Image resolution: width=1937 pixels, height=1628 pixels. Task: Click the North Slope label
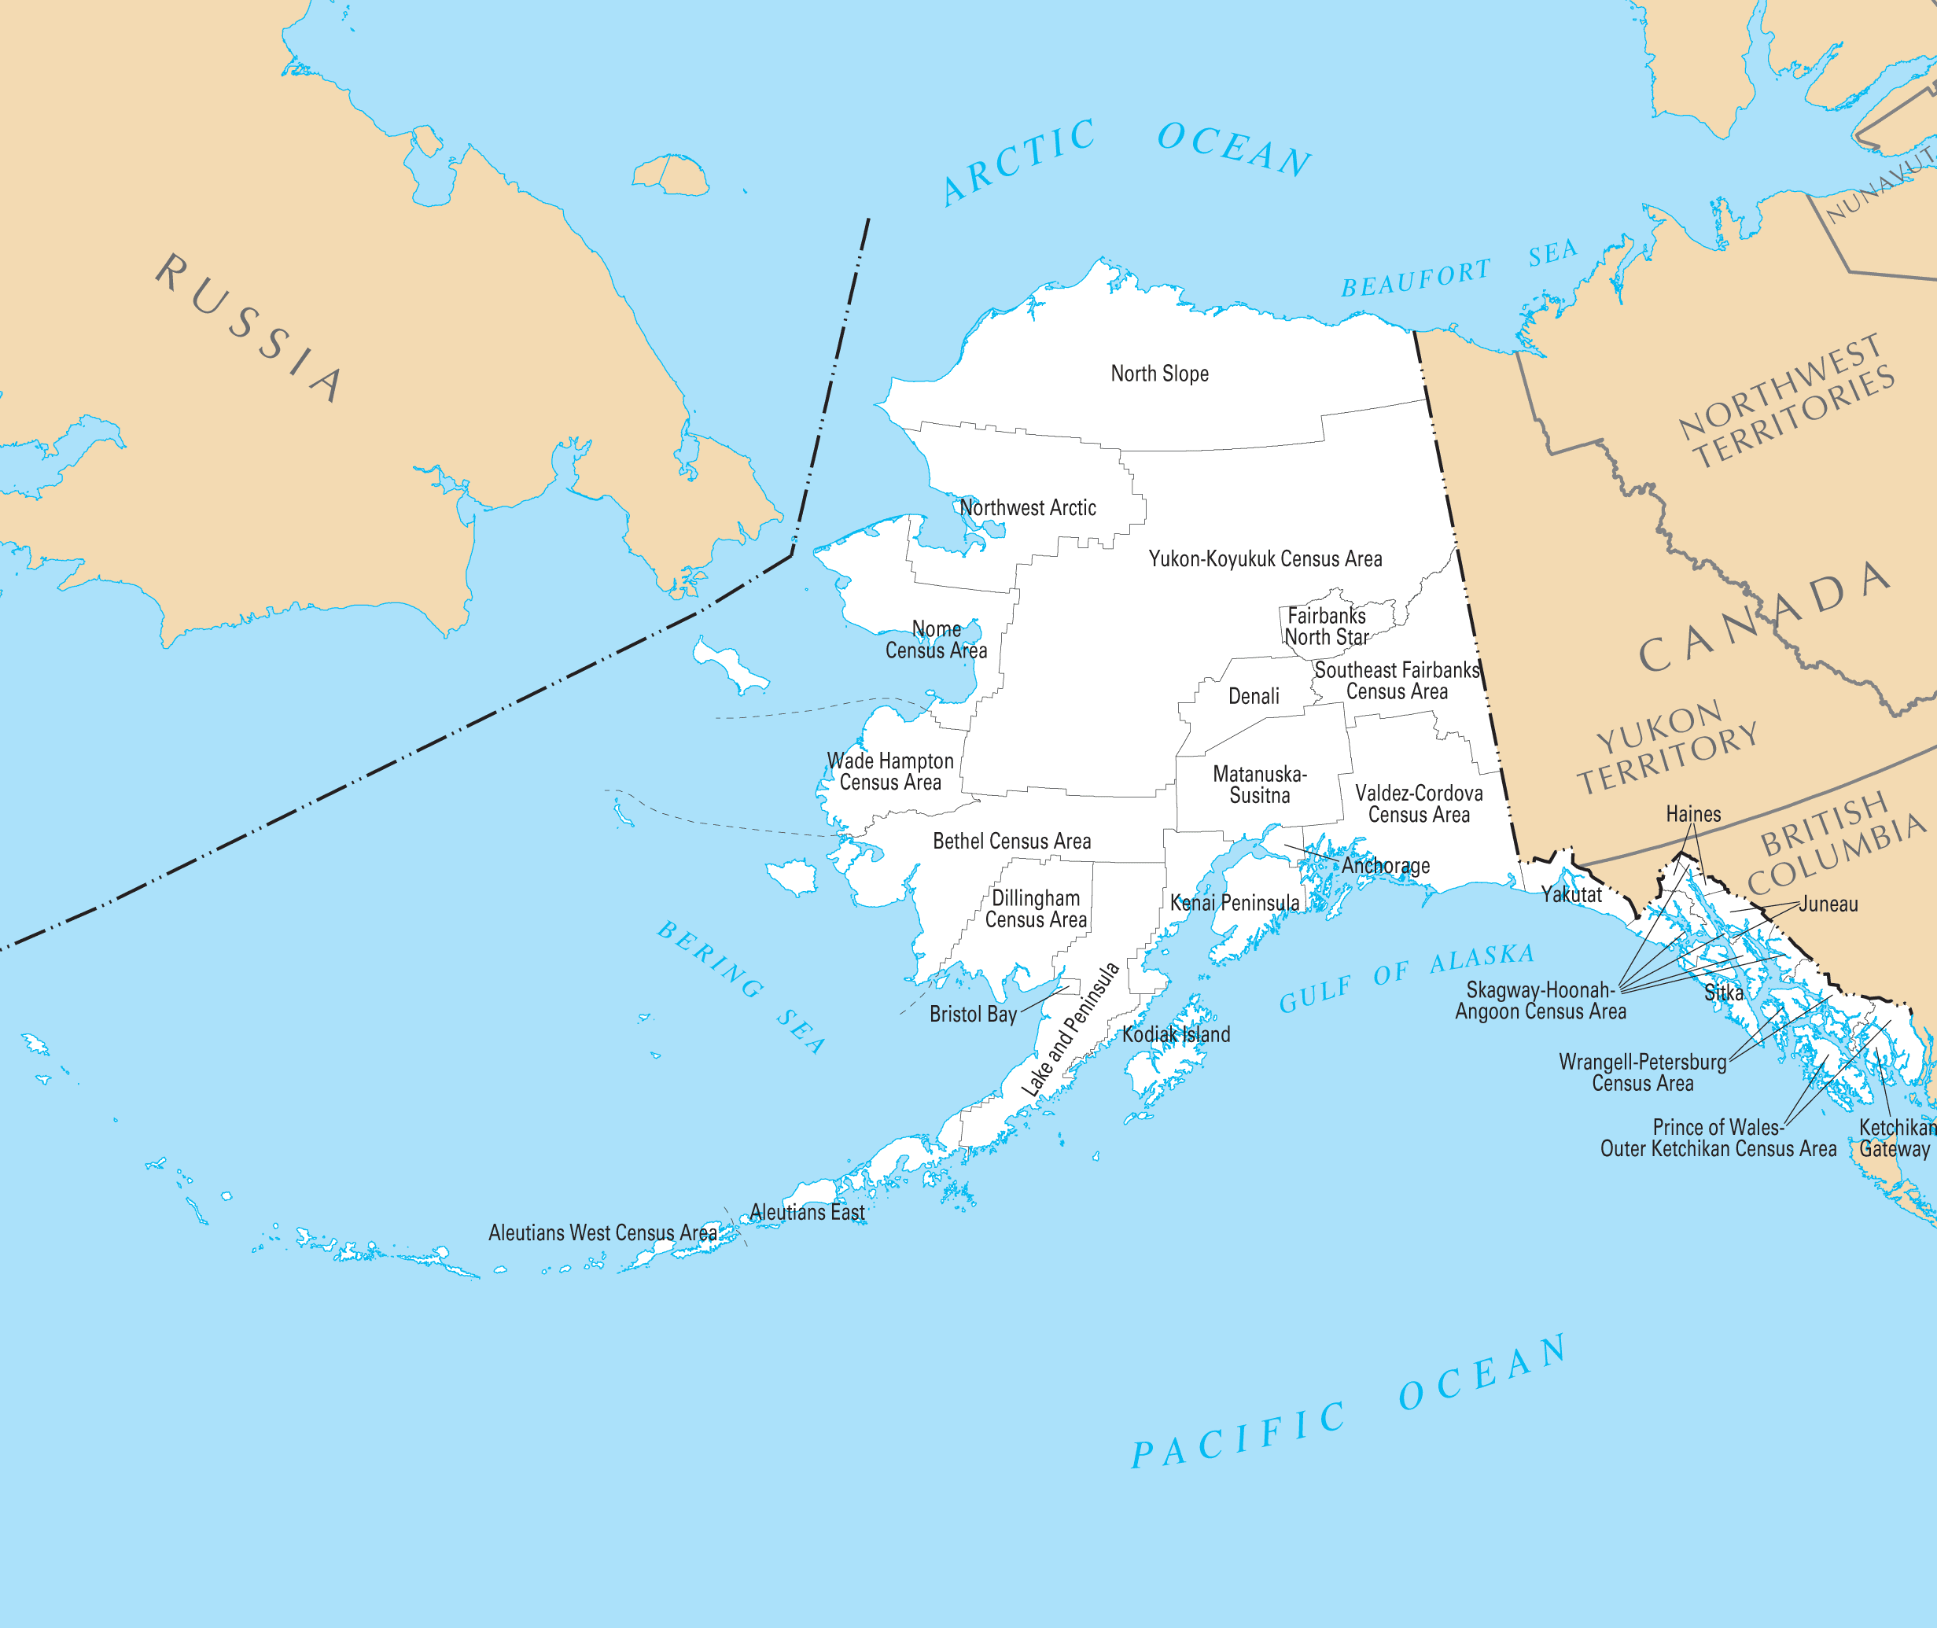point(1159,374)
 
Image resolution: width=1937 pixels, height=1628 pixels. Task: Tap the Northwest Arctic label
point(1027,507)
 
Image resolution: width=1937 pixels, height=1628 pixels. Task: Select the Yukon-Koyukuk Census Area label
point(1265,558)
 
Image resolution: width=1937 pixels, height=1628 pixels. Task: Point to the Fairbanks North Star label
point(1326,626)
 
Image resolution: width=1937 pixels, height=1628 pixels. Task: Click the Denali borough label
point(1253,696)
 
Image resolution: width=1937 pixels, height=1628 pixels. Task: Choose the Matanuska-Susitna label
point(1259,783)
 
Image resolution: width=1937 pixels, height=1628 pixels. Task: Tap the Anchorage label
point(1384,866)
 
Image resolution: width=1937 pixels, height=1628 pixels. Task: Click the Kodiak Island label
point(1176,1034)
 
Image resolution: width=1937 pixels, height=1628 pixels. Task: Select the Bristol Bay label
point(973,1015)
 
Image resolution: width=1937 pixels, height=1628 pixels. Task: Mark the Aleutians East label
point(807,1212)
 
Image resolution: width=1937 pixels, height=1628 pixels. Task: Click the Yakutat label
point(1571,894)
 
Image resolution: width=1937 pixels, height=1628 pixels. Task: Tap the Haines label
point(1692,814)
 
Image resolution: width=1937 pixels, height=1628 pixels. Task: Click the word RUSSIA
point(249,328)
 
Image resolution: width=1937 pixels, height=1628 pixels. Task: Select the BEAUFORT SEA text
point(1458,267)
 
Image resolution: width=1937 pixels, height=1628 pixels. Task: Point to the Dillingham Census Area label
point(1036,909)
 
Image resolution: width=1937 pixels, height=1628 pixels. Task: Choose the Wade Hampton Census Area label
point(889,772)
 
